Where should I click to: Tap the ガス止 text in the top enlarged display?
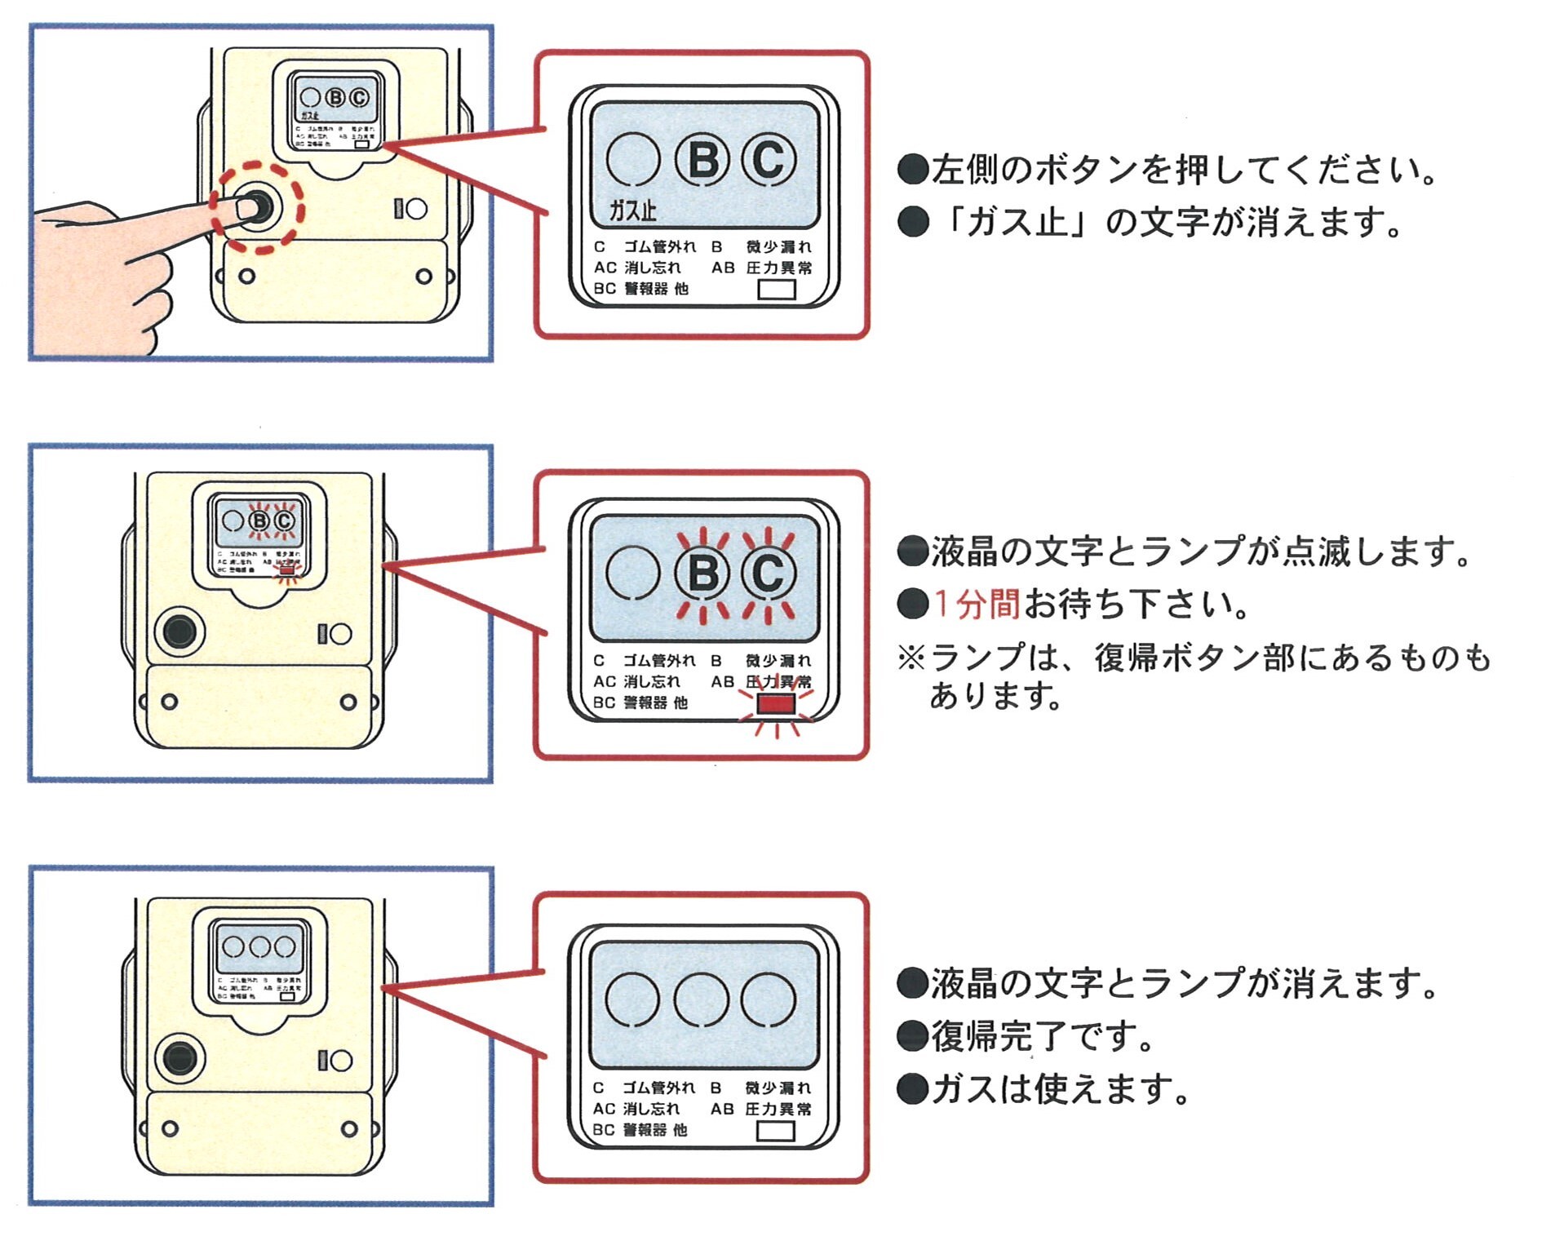(633, 210)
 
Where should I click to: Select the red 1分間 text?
(977, 604)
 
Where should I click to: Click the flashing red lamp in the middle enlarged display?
(776, 704)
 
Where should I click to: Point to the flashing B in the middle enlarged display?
(702, 574)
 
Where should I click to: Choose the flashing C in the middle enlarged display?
(769, 574)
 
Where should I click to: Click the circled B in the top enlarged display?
(702, 160)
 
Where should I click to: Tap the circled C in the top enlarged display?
(769, 160)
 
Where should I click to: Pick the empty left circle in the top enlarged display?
(633, 160)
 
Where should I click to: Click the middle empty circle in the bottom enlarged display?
(702, 999)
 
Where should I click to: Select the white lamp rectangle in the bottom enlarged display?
(775, 1131)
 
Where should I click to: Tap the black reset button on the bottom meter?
(179, 1058)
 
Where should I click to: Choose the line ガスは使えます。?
(1057, 1089)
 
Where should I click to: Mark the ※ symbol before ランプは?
(911, 658)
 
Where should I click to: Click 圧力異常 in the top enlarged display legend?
(779, 268)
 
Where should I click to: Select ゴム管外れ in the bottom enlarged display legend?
(659, 1088)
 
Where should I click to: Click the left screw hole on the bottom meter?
(170, 1129)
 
